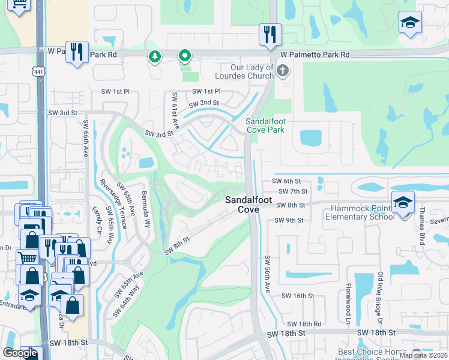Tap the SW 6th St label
pyautogui.click(x=286, y=181)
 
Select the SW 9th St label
pyautogui.click(x=289, y=220)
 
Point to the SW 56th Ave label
pyautogui.click(x=268, y=275)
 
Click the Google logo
pyautogui.click(x=20, y=353)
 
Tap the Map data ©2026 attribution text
pyautogui.click(x=423, y=355)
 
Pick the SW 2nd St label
pyautogui.click(x=203, y=103)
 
